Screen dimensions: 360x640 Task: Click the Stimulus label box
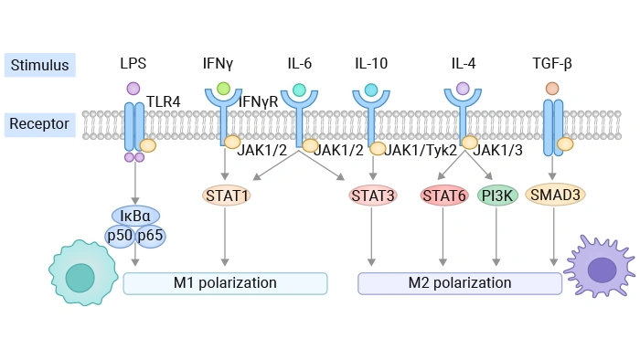[x=39, y=64]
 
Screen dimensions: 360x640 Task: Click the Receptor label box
[x=39, y=123]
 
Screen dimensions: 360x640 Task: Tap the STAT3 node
[x=371, y=195]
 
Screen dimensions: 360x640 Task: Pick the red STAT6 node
[x=444, y=195]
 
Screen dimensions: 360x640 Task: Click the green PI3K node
[x=497, y=195]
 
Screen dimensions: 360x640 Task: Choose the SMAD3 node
[x=556, y=195]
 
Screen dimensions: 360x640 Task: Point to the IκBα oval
[x=135, y=216]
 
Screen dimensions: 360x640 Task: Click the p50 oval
[x=120, y=236]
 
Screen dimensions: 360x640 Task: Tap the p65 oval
[x=150, y=236]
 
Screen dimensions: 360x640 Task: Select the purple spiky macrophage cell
[x=601, y=269]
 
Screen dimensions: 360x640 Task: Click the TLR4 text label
[x=164, y=102]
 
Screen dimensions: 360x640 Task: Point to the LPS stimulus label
[x=133, y=64]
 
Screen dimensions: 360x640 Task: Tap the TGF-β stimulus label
[x=552, y=64]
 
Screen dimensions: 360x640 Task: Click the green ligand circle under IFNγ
[x=224, y=89]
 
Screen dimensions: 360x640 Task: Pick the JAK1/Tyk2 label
[x=421, y=150]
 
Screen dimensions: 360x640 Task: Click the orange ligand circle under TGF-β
[x=552, y=89]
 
